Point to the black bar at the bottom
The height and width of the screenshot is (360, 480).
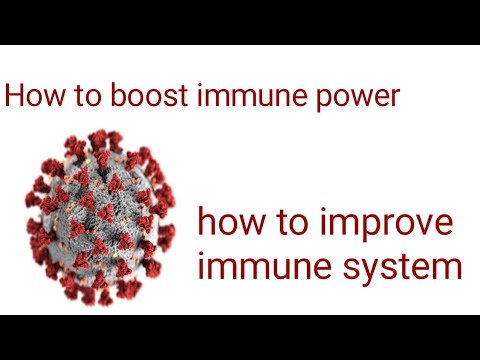pos(240,337)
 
